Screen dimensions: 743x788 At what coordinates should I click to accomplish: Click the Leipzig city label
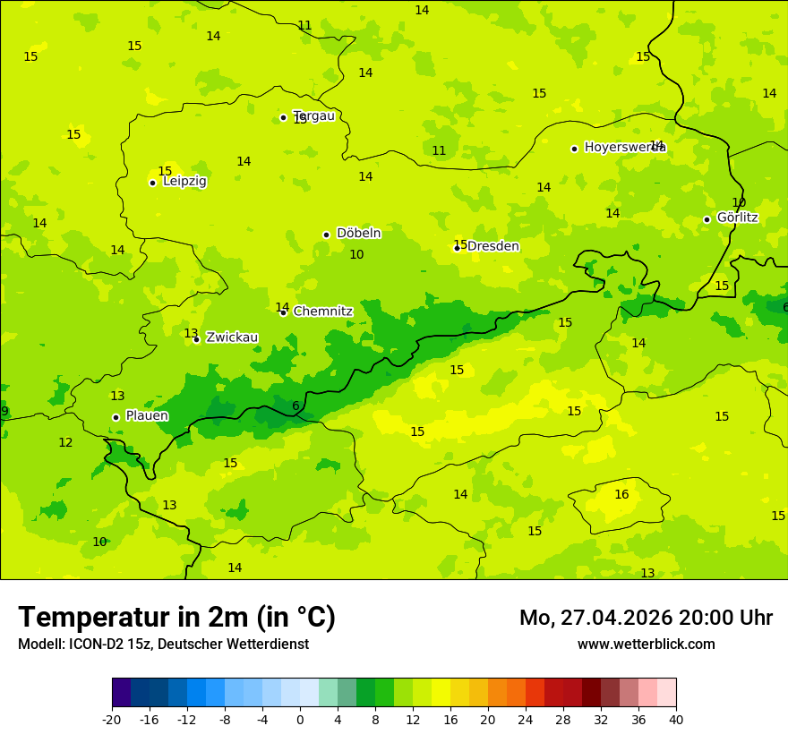pos(184,181)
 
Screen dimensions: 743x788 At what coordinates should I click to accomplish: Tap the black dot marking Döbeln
pos(326,235)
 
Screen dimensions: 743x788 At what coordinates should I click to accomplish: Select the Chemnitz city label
pos(322,312)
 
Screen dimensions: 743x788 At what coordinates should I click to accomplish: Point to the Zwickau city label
pos(232,337)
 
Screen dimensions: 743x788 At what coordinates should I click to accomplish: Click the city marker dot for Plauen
pos(116,417)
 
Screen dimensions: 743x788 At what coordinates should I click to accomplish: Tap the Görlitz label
pos(737,218)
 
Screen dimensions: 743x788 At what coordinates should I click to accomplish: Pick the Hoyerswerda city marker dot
pos(574,149)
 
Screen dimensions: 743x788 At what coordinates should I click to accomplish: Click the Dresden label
pos(492,246)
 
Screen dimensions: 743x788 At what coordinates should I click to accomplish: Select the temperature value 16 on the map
pos(621,494)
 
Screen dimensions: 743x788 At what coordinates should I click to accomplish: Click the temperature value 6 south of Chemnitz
pos(295,406)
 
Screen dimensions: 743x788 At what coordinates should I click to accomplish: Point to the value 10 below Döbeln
pos(356,254)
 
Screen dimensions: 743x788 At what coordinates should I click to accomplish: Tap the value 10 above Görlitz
pos(739,202)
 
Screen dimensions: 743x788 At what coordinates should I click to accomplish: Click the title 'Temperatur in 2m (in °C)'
pos(176,617)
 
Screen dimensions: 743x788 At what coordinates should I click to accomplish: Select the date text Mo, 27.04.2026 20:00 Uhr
pos(646,618)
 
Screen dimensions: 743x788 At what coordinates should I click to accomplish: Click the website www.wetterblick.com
pos(646,644)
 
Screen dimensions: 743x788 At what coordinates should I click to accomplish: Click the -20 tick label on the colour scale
pos(112,719)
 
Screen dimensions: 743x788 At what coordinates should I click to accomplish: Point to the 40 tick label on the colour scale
pos(676,719)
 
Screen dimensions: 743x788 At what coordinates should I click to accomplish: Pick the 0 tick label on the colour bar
pos(300,719)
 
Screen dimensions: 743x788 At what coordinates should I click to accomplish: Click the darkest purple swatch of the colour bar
pos(121,693)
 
